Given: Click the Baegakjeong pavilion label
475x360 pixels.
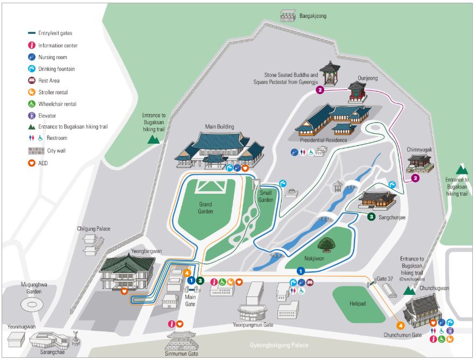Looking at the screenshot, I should (313, 16).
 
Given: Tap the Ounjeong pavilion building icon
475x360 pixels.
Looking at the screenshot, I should (357, 92).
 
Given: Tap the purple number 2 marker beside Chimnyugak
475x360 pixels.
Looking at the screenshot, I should (415, 178).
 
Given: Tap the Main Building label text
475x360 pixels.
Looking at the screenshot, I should (219, 127).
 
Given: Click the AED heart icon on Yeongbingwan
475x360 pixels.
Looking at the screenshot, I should (124, 291).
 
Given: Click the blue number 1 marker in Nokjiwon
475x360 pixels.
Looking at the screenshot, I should (301, 271).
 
